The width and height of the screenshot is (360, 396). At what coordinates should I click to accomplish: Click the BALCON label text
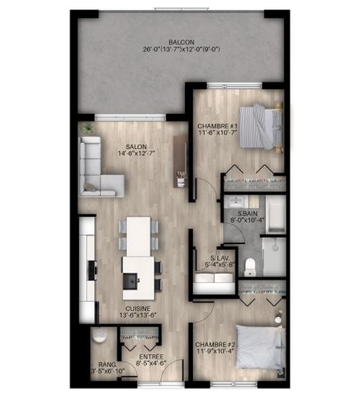[x=182, y=41]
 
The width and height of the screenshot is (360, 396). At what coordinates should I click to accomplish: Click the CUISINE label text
[x=114, y=308]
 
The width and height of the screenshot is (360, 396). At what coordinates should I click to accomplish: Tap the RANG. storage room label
[x=107, y=363]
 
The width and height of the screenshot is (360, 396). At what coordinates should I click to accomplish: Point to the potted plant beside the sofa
[x=87, y=130]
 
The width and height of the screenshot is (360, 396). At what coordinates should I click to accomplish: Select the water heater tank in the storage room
[x=99, y=337]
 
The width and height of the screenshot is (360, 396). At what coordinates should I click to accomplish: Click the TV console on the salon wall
[x=181, y=157]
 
